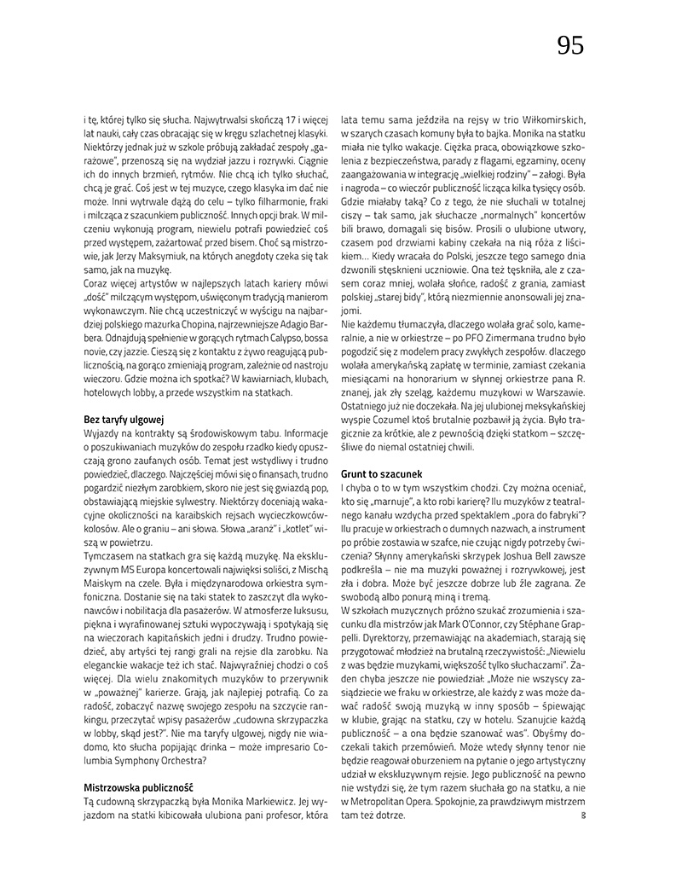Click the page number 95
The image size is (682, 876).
click(570, 45)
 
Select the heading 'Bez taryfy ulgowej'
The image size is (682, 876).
click(123, 420)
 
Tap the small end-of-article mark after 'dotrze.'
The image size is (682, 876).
click(582, 815)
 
